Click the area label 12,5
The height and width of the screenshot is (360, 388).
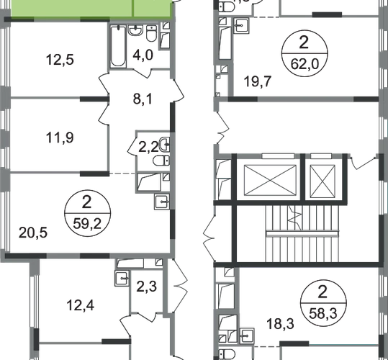(x=60, y=60)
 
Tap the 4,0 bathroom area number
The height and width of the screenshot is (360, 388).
(x=143, y=55)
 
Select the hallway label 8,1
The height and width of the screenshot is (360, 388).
(x=143, y=99)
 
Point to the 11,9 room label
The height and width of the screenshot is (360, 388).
(x=60, y=138)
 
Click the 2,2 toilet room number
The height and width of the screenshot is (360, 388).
(x=148, y=148)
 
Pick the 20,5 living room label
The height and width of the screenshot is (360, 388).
(x=33, y=233)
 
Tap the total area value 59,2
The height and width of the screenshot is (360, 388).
(x=87, y=224)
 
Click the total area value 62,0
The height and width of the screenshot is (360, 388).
(x=304, y=64)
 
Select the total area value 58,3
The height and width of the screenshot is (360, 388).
(x=323, y=314)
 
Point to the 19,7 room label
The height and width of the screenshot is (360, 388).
(x=258, y=81)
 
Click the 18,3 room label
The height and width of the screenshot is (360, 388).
(x=280, y=324)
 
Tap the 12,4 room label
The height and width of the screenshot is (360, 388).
(x=81, y=305)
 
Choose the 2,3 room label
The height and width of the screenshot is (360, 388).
(x=147, y=287)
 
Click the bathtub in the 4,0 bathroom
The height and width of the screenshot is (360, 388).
(x=118, y=46)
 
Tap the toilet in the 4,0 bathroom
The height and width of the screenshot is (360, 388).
(x=151, y=33)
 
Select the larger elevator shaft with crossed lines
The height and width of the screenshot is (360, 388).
(x=270, y=180)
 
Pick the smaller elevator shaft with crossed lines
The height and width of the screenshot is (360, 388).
(x=322, y=181)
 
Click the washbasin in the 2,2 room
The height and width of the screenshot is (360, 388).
(x=165, y=144)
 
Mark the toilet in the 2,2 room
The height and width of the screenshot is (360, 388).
(x=161, y=161)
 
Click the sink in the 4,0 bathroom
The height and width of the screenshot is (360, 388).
(x=135, y=30)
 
